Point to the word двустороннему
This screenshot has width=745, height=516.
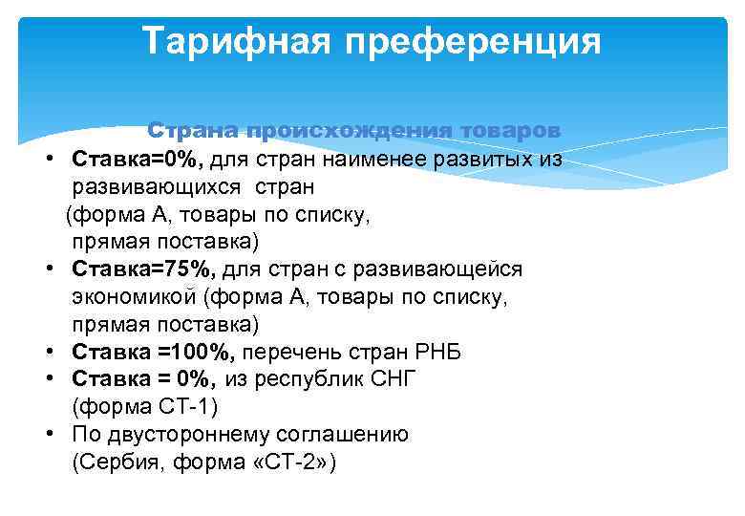pyautogui.click(x=186, y=435)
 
